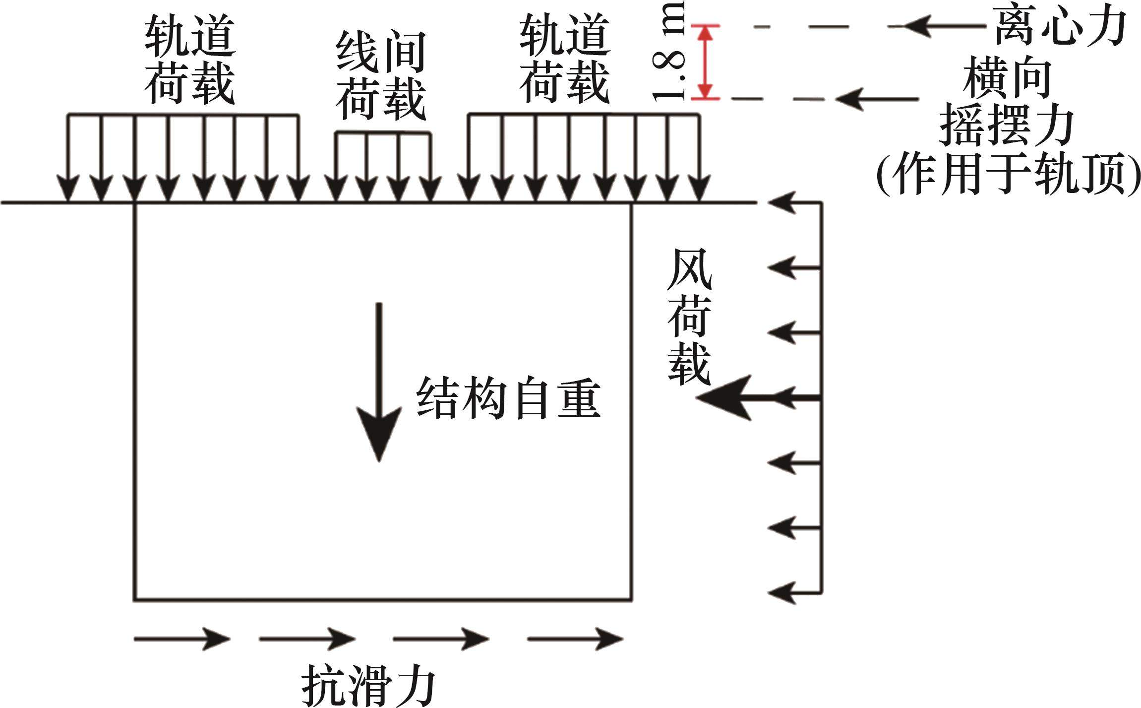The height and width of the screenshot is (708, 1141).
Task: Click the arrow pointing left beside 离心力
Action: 942,26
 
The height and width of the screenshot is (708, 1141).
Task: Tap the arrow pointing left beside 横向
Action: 876,99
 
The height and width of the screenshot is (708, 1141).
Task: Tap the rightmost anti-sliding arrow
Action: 575,638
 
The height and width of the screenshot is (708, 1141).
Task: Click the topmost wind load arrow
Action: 793,203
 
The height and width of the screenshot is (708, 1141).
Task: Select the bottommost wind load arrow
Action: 793,592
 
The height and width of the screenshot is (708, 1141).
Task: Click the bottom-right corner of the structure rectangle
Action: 631,600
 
